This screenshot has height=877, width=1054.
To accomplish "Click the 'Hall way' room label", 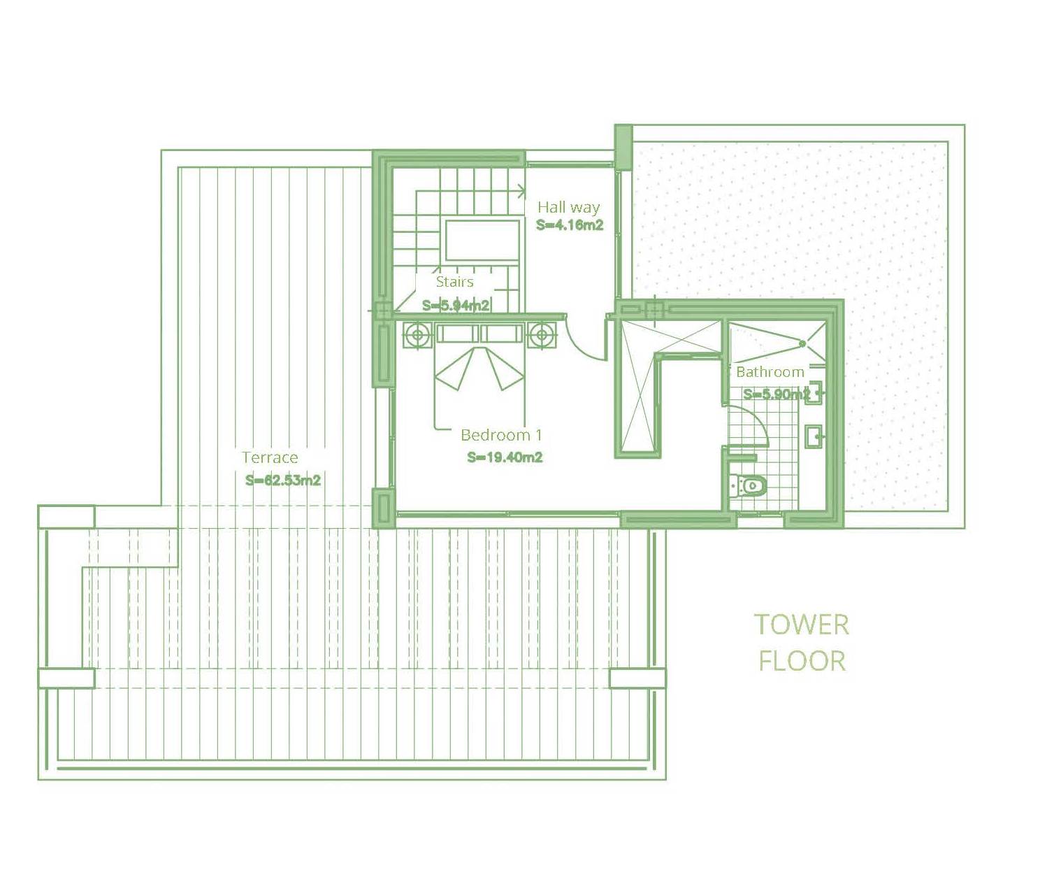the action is pyautogui.click(x=568, y=207).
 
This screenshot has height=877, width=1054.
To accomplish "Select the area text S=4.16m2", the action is pyautogui.click(x=570, y=225).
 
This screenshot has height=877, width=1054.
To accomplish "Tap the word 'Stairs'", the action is pyautogui.click(x=455, y=282).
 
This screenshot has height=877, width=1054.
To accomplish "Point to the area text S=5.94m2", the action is pyautogui.click(x=456, y=306).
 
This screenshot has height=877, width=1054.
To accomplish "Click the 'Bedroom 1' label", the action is pyautogui.click(x=501, y=435).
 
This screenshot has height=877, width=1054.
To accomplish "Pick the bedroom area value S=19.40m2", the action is pyautogui.click(x=505, y=457).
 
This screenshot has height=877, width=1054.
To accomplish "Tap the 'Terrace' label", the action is pyautogui.click(x=270, y=457).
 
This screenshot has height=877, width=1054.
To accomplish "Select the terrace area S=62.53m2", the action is pyautogui.click(x=282, y=480).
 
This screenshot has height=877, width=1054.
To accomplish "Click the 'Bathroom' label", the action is pyautogui.click(x=770, y=372).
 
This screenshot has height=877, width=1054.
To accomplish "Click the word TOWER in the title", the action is pyautogui.click(x=802, y=625).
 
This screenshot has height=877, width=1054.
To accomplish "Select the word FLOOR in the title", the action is pyautogui.click(x=802, y=662).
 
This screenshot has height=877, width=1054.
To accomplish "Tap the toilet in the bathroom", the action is pyautogui.click(x=749, y=487).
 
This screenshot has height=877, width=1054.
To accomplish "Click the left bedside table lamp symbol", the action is pyautogui.click(x=417, y=334).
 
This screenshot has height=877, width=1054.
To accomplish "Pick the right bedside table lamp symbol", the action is pyautogui.click(x=542, y=334).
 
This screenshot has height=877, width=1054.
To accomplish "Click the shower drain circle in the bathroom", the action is pyautogui.click(x=802, y=344).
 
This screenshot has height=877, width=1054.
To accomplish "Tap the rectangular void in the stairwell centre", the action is pyautogui.click(x=482, y=240).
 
